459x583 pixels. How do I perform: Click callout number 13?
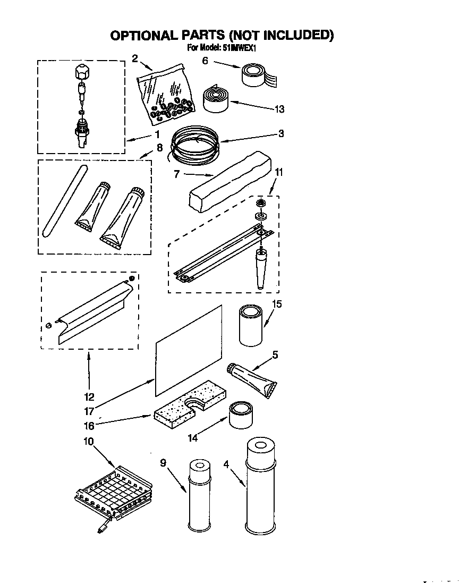(x=279, y=109)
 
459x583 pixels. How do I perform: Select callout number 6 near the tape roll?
(x=205, y=61)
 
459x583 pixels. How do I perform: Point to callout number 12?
(x=89, y=396)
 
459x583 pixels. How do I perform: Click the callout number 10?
(x=88, y=441)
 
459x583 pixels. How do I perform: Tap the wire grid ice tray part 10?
(x=113, y=492)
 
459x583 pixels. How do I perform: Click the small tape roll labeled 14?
(x=241, y=415)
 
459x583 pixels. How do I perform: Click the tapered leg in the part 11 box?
(x=260, y=268)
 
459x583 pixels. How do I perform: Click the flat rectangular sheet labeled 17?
(x=189, y=350)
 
